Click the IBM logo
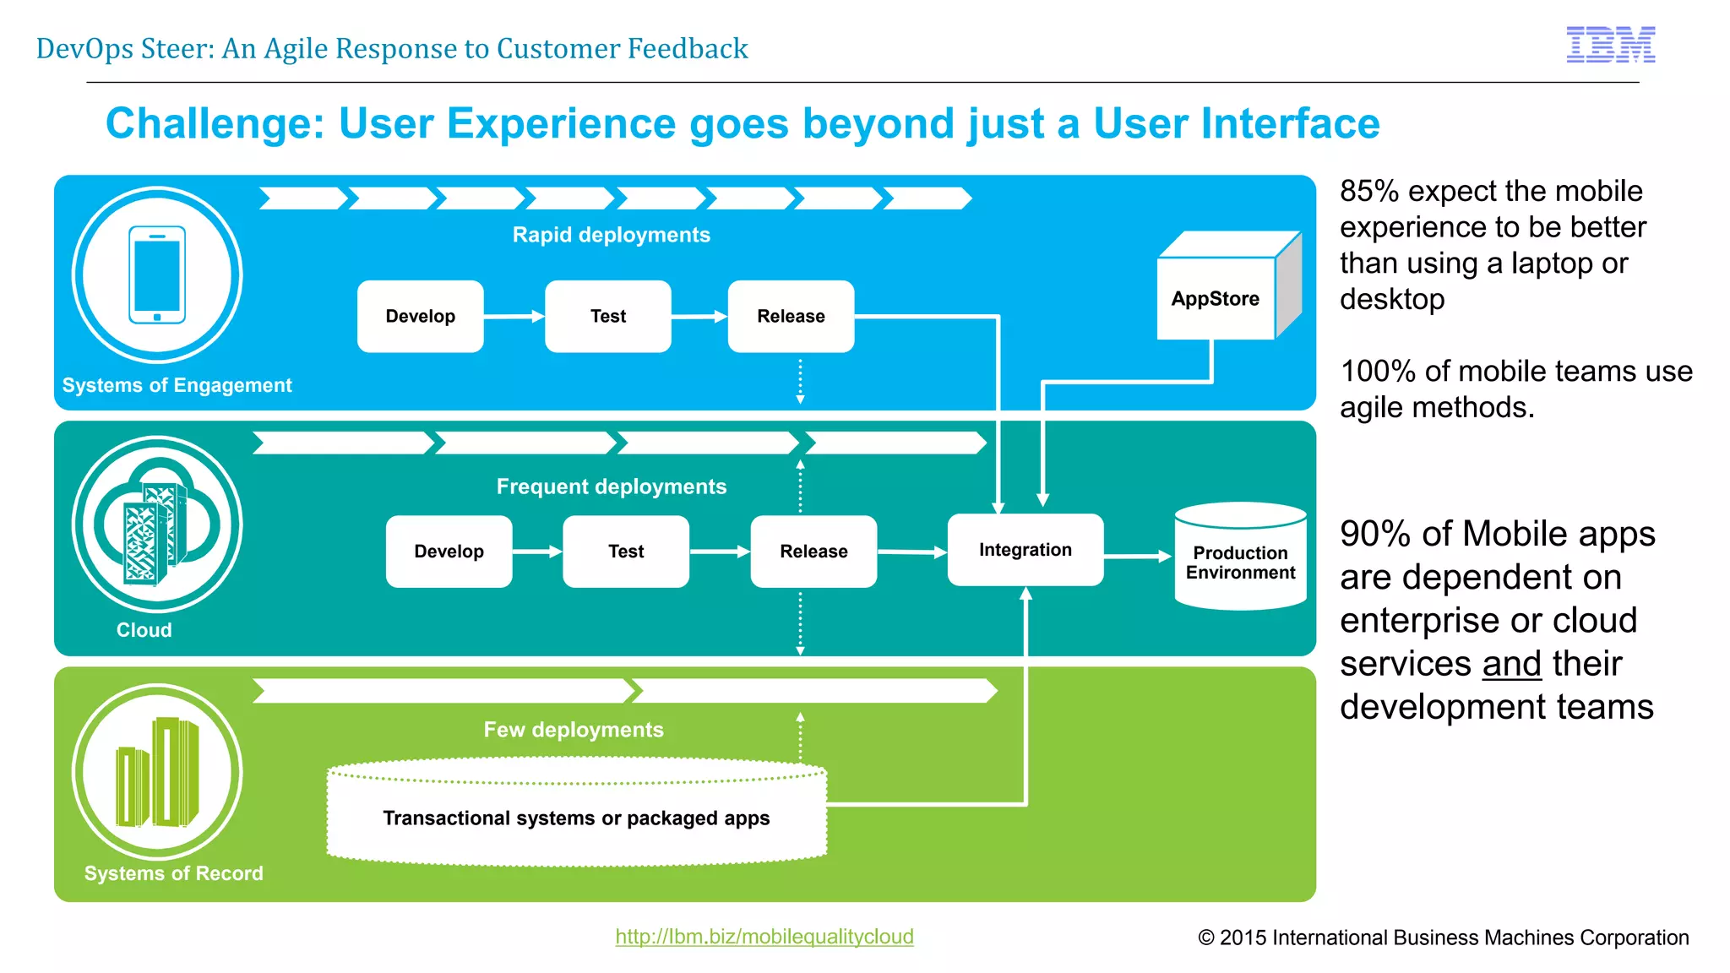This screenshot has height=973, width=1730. pos(1610,45)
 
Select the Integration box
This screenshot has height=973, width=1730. pos(1025,550)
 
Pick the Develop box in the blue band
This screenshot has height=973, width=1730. pos(420,316)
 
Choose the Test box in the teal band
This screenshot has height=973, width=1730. pos(626,552)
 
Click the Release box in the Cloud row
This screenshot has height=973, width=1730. pos(813,552)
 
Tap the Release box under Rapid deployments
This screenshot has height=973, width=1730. pos(791,316)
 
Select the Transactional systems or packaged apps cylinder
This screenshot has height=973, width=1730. pos(576,818)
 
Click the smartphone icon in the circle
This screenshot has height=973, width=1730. pos(157,275)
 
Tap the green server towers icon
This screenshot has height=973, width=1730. pos(157,772)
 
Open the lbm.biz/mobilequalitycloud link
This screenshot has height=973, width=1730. pos(764,936)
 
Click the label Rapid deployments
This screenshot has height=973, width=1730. pos(611,235)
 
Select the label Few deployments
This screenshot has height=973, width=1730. pos(573,730)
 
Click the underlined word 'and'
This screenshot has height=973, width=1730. pos(1511,664)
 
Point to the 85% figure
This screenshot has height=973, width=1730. pos(1369,191)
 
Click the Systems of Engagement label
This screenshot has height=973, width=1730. pos(177,385)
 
